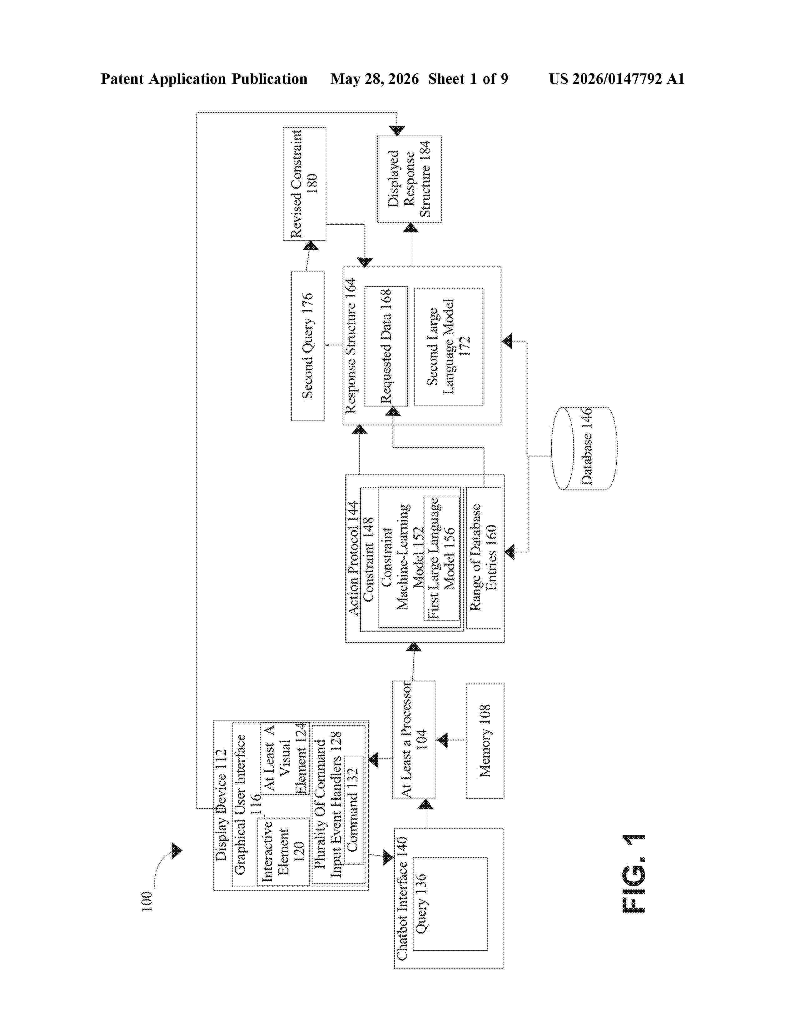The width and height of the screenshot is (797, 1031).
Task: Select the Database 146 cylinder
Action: [x=584, y=448]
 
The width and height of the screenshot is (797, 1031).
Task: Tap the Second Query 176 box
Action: [x=307, y=346]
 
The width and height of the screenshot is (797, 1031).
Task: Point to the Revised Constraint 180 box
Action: [x=304, y=184]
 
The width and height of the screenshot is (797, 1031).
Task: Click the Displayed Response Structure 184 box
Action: [x=409, y=179]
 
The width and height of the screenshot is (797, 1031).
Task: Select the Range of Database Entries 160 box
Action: [x=484, y=557]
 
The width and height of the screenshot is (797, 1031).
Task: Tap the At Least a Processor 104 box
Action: [x=414, y=740]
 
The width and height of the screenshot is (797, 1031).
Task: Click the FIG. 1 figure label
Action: [x=634, y=873]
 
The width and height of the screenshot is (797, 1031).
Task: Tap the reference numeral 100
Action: [x=147, y=901]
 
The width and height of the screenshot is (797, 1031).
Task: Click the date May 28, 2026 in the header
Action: [x=374, y=79]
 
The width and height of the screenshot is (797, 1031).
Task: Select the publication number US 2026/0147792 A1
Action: [x=617, y=79]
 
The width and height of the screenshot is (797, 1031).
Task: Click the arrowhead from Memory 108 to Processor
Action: [x=442, y=740]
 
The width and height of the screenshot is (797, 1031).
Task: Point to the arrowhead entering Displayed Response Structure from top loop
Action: [x=397, y=131]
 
